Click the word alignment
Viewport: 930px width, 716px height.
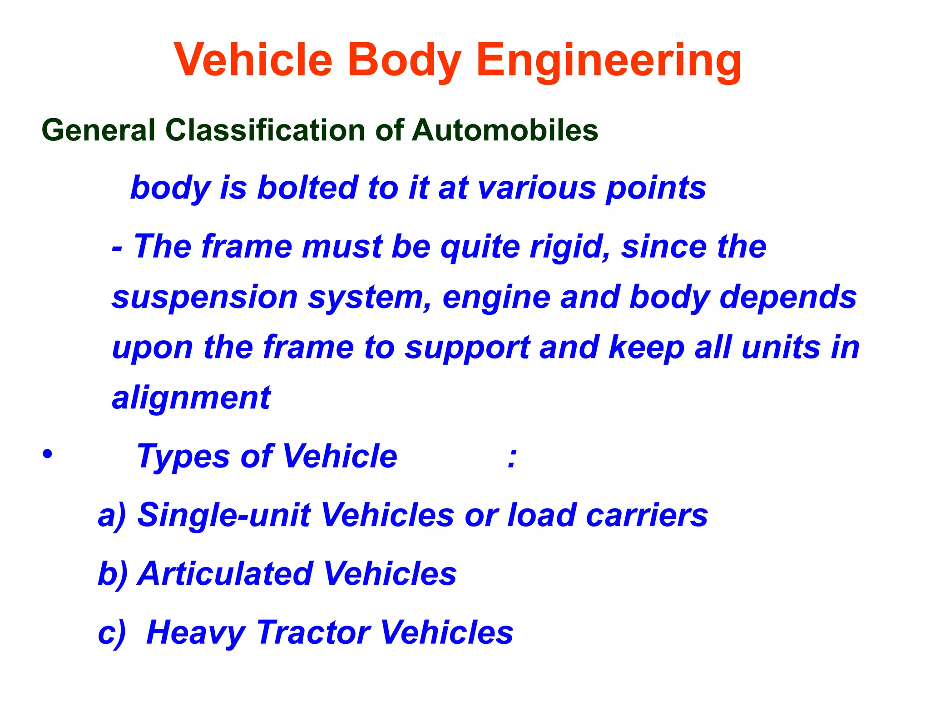[191, 398]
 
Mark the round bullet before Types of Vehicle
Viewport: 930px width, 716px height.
[47, 454]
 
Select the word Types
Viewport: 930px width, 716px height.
[183, 457]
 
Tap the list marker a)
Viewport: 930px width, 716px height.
[112, 516]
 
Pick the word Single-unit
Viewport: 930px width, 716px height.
[224, 516]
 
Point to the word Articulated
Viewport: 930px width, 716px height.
[226, 574]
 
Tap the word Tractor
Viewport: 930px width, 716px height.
[314, 632]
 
